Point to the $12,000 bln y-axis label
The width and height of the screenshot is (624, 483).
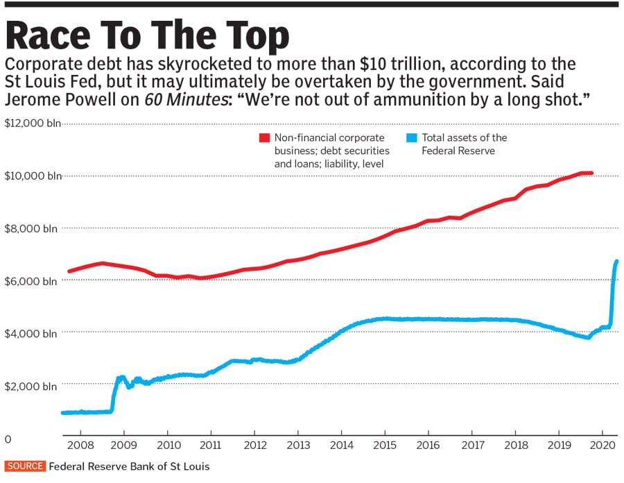[32, 124]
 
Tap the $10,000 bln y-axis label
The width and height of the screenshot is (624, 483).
[32, 176]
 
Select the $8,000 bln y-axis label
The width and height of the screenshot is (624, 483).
[32, 228]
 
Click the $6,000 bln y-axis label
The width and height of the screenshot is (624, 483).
[32, 281]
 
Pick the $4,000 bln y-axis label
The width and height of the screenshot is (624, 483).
[32, 333]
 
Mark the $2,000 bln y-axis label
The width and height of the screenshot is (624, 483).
[32, 386]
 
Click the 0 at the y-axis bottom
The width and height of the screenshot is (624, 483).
[8, 439]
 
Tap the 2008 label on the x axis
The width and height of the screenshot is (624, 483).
[80, 444]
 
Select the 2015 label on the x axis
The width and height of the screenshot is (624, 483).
[385, 444]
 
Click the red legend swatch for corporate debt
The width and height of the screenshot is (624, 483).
[264, 138]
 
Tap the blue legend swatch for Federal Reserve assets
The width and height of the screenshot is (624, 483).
[411, 138]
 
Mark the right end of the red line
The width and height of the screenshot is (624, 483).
[591, 173]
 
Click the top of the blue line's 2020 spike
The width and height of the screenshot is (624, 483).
[616, 261]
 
